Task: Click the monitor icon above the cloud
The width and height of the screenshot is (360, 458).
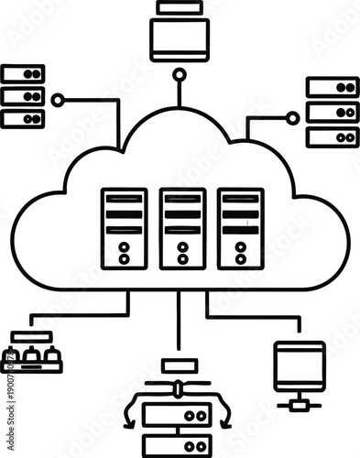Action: point(180,38)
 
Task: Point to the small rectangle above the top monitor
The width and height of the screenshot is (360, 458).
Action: point(180,6)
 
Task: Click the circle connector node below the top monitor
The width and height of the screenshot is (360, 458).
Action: point(180,74)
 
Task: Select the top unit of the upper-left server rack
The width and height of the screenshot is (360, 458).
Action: point(23,74)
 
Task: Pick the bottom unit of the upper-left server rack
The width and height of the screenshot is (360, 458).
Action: point(23,117)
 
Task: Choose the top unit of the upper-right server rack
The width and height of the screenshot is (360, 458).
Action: point(333,88)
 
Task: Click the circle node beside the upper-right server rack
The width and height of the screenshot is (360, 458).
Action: point(292,117)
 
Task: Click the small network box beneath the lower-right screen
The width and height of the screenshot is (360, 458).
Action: point(299,403)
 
